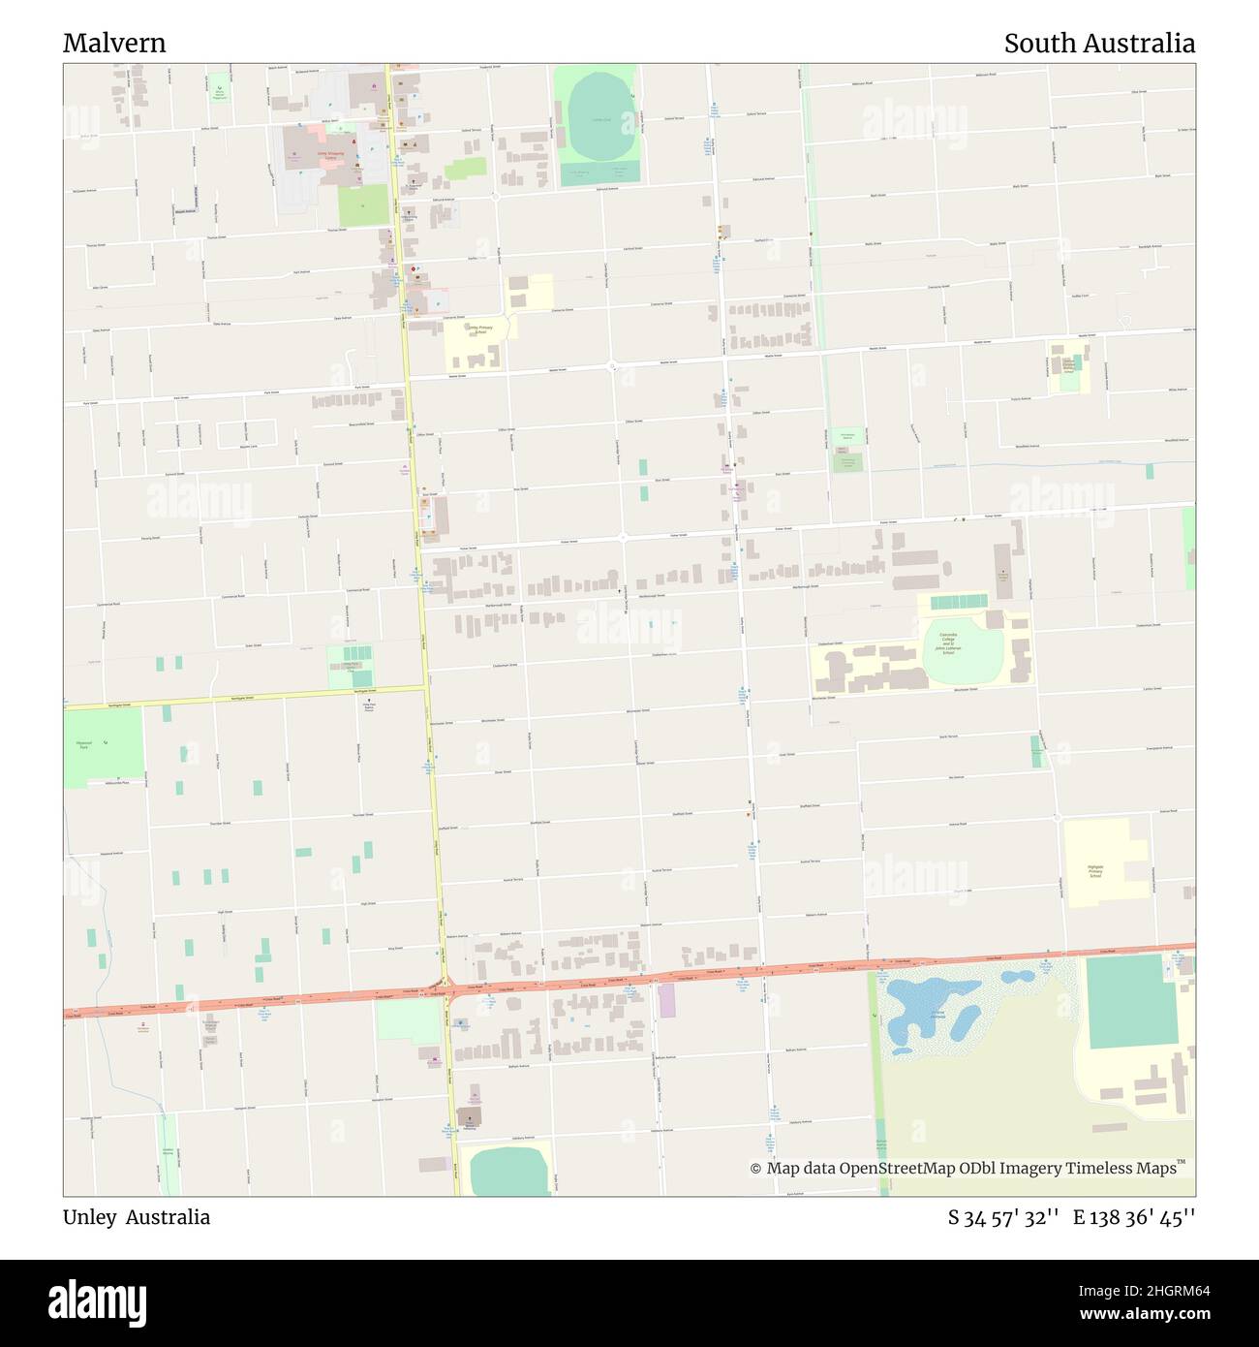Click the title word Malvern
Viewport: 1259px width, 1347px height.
(x=114, y=44)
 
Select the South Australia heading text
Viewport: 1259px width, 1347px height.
(x=1098, y=44)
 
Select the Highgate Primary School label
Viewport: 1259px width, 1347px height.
(x=1095, y=871)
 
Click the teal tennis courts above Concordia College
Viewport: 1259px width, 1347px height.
(x=958, y=603)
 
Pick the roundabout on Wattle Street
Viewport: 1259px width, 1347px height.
(x=612, y=366)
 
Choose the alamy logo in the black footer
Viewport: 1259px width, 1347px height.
(x=98, y=1301)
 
